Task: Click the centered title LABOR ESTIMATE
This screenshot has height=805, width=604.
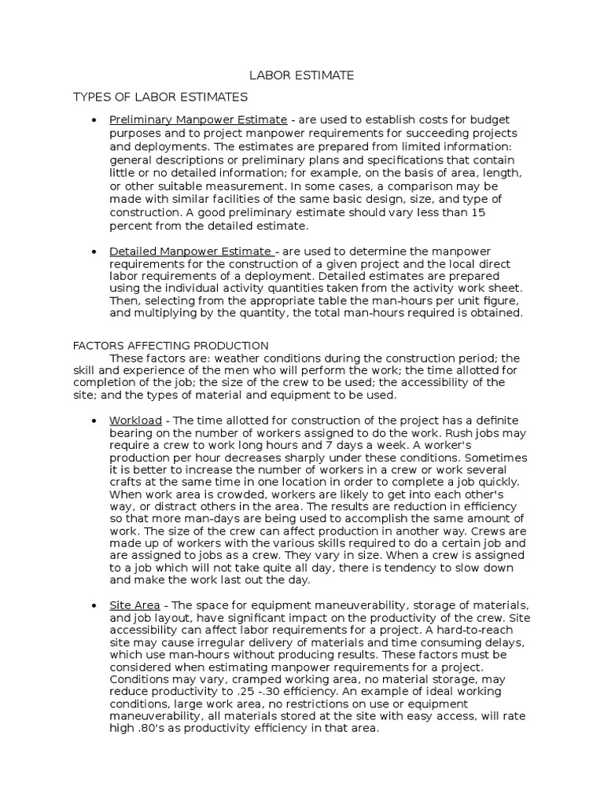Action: tap(301, 75)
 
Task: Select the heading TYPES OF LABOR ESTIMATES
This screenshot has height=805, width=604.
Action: tap(160, 97)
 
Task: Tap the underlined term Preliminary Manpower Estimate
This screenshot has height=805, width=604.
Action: tap(198, 119)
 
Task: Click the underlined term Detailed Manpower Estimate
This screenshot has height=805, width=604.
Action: tap(192, 251)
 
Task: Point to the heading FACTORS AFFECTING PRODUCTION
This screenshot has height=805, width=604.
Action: tap(171, 345)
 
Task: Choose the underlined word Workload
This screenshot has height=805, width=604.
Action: tap(135, 421)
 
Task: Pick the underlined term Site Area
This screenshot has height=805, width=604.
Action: tap(134, 605)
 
